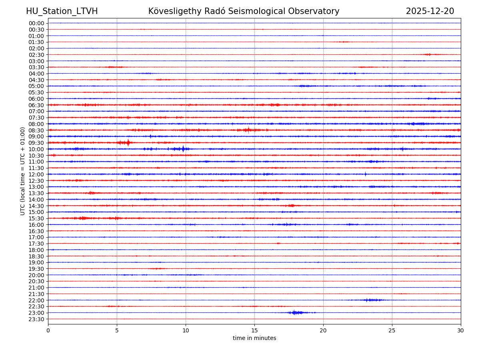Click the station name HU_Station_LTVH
point(62,11)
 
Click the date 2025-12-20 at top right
point(430,11)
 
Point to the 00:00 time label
point(36,23)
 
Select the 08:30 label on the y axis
point(36,130)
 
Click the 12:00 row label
point(36,174)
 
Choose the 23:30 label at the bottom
point(36,319)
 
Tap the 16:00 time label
point(36,225)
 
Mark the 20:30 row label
point(36,282)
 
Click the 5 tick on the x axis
point(117,330)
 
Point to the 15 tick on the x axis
point(254,330)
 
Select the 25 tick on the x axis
point(392,330)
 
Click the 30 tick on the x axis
point(461,330)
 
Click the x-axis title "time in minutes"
point(254,338)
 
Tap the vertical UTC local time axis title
point(23,171)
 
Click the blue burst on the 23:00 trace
point(295,312)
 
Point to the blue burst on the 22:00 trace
point(369,300)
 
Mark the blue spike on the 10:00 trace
point(183,149)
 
